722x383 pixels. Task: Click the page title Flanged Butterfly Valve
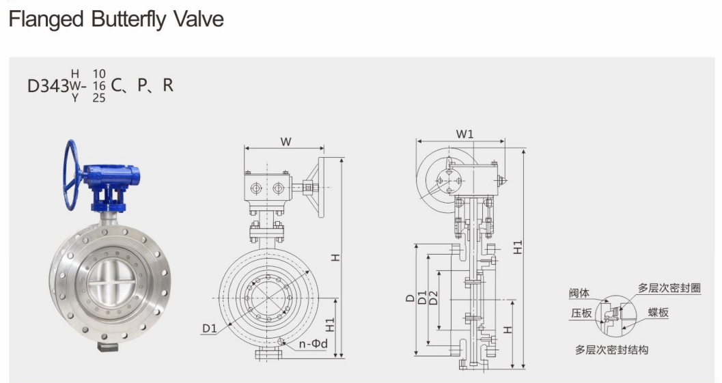[116, 19]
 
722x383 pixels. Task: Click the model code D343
[48, 86]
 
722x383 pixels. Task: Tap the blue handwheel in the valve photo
[72, 175]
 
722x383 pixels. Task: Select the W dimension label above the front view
[286, 141]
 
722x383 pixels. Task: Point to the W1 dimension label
[464, 134]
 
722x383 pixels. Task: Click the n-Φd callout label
[313, 344]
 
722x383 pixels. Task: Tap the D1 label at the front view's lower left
[210, 328]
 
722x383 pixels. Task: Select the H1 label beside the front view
[330, 325]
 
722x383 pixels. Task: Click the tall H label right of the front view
[335, 257]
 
